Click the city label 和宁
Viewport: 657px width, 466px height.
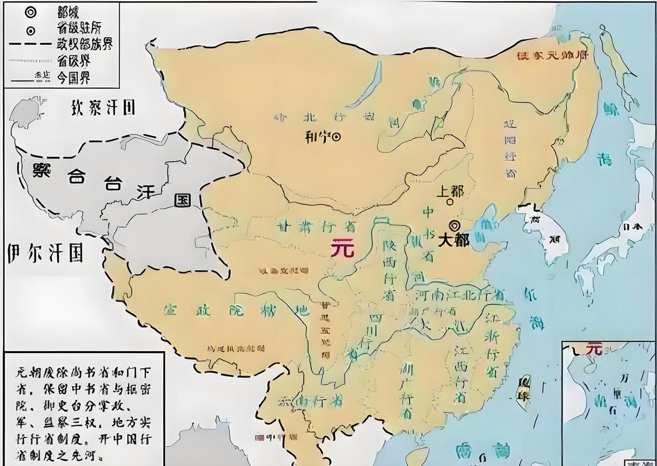pos(317,137)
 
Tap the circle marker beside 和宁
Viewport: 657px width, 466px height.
pos(336,137)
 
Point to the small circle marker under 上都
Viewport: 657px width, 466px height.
pos(449,202)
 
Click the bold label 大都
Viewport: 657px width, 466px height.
pos(453,240)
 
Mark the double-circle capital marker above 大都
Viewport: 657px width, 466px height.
pos(453,225)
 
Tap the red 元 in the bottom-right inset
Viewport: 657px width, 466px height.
pos(593,348)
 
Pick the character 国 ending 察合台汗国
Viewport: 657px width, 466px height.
pos(183,200)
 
